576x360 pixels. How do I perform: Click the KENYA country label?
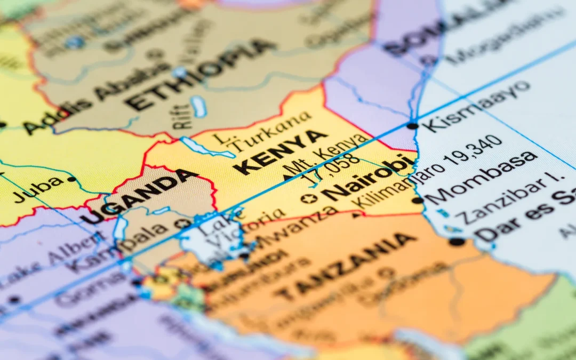tap(281, 151)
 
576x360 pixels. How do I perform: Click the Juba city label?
tap(38, 190)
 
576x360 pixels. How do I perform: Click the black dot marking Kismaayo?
tap(412, 126)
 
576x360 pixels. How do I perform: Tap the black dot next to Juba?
tap(71, 179)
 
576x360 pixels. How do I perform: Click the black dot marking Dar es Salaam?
tap(457, 242)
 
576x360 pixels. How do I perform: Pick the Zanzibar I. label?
tap(504, 199)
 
